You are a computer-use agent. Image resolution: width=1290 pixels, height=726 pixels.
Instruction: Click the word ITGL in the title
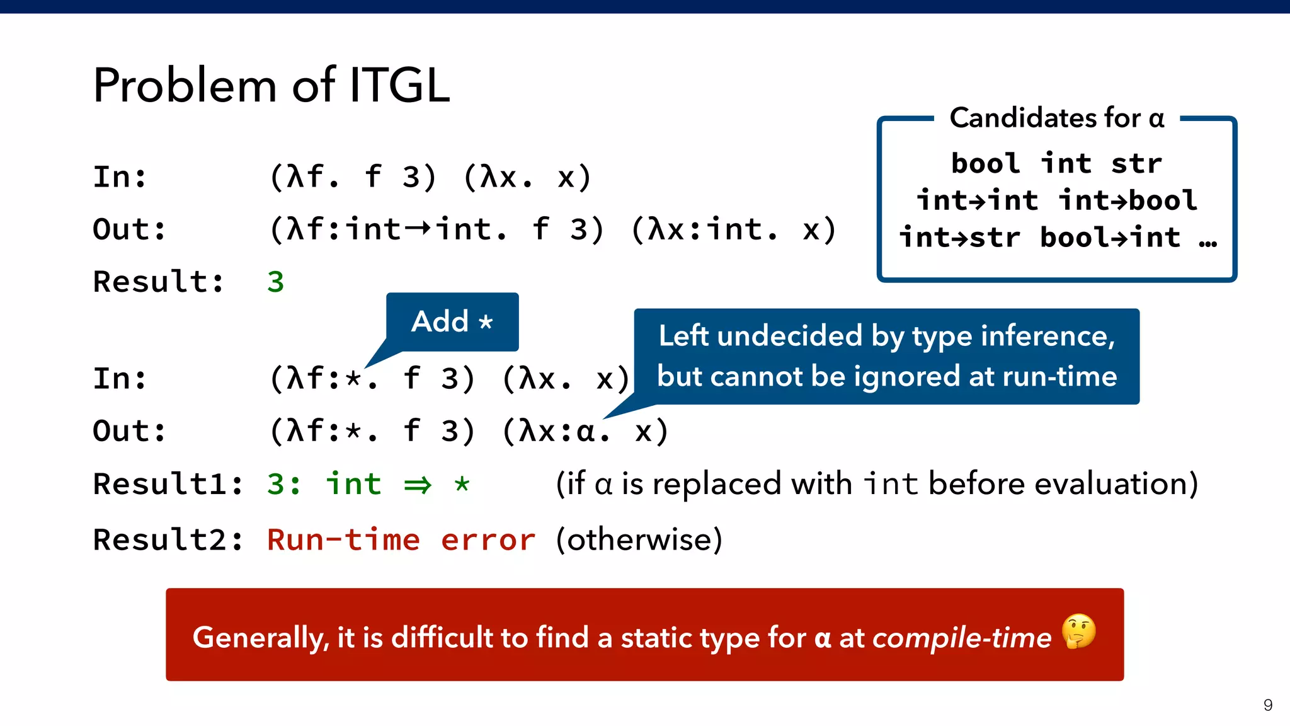tap(399, 86)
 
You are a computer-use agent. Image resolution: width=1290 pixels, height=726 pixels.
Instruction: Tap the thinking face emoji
tap(1078, 631)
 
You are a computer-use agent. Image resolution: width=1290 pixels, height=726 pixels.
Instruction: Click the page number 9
tap(1267, 705)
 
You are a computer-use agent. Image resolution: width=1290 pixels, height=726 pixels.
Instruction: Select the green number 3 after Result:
tap(275, 282)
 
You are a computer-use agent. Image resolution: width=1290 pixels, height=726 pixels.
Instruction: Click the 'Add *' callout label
tap(452, 321)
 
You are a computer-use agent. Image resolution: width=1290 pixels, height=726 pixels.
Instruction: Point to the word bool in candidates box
tap(985, 164)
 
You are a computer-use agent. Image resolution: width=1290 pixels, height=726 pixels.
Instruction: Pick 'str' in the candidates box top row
tap(1136, 164)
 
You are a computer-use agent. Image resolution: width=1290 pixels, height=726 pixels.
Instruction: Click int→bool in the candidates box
tap(1127, 200)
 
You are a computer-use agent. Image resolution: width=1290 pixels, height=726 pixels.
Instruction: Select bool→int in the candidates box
tap(1110, 238)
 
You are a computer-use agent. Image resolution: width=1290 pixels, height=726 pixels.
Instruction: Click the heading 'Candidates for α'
tap(1056, 118)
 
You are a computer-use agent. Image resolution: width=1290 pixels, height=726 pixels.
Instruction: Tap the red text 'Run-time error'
tap(401, 540)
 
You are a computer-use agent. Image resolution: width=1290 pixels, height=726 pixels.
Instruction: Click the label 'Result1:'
tap(168, 484)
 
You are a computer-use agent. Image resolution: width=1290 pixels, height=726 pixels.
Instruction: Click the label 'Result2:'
tap(168, 540)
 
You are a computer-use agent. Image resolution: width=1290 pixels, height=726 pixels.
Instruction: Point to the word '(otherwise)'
tap(639, 540)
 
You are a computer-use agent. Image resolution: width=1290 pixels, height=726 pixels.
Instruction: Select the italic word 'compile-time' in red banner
tap(961, 638)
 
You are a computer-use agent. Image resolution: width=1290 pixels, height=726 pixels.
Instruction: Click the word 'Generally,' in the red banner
tap(260, 638)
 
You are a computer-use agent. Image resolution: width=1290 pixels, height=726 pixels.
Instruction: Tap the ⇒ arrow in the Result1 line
tap(418, 485)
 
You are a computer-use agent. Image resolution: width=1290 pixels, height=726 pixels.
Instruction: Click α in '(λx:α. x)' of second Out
tap(586, 432)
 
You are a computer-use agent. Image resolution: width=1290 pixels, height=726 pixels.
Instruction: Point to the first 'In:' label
tap(120, 177)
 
